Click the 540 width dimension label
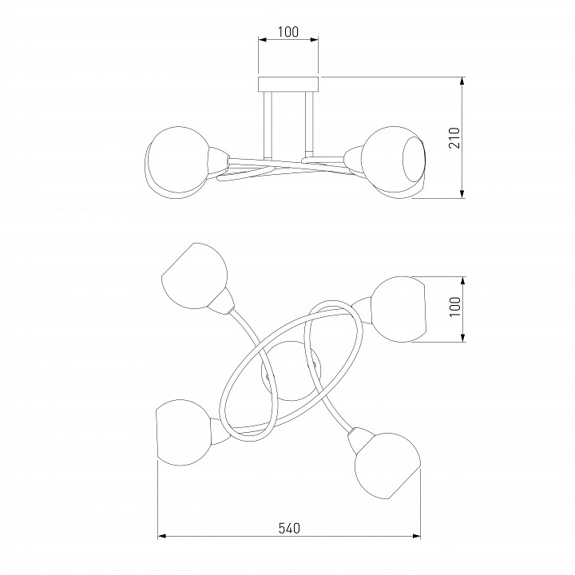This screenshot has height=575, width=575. tap(289, 529)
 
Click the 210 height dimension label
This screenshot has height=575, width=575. tap(454, 138)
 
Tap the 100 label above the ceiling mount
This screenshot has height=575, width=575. tap(287, 32)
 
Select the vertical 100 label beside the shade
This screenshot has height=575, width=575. tap(454, 307)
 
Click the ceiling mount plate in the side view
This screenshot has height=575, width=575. tap(288, 84)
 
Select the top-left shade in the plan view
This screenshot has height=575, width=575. tap(194, 276)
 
